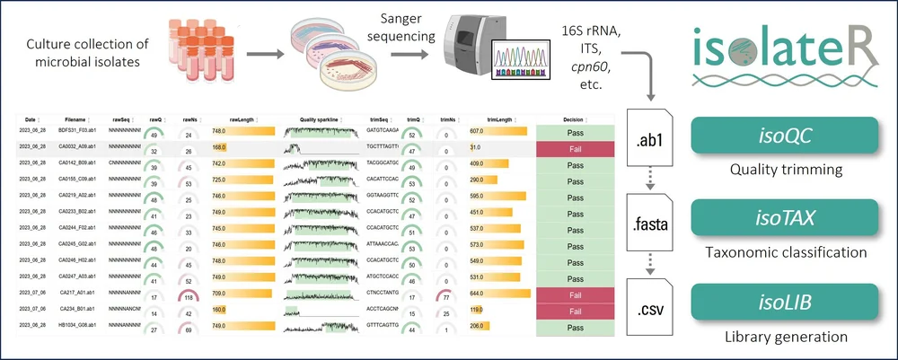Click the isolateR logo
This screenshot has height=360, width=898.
point(785,56)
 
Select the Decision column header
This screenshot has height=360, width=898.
point(575,119)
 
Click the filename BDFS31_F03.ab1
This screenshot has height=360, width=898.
point(79,132)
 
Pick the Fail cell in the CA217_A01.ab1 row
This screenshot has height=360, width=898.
point(575,294)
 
